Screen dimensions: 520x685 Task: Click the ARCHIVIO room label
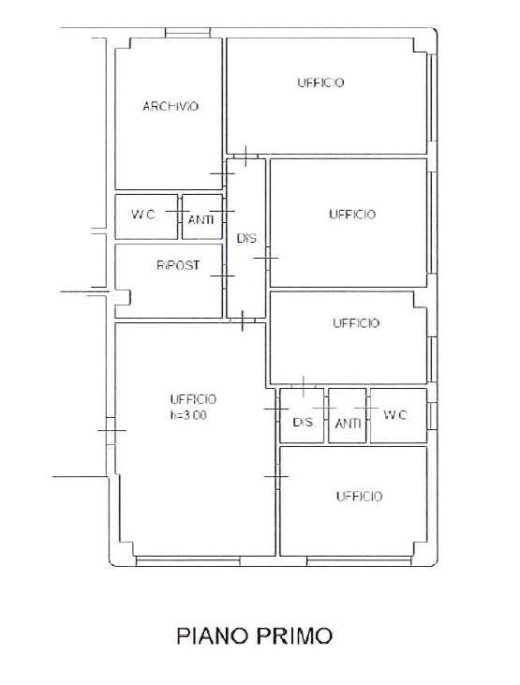[171, 106]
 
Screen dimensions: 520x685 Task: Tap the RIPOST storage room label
[178, 265]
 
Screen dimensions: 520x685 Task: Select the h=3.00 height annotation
[188, 415]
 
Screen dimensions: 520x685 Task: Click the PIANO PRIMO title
[254, 635]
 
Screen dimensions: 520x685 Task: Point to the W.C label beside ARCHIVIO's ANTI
[143, 215]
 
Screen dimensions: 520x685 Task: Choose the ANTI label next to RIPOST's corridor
[201, 219]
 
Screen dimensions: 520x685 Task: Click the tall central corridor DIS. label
[247, 239]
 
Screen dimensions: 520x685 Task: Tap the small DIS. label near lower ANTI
[304, 422]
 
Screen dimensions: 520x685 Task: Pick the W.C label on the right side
[395, 414]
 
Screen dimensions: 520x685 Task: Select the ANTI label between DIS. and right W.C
[348, 423]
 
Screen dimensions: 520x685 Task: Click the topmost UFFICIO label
[320, 82]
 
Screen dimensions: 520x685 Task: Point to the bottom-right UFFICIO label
[359, 496]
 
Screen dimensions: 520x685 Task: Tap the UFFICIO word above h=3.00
[193, 399]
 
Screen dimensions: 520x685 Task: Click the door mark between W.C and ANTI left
[178, 212]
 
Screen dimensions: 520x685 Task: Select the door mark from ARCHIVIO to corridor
[222, 173]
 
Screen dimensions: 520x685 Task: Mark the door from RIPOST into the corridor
[222, 275]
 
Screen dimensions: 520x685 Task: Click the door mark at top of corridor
[245, 156]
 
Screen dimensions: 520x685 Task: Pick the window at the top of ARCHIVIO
[188, 33]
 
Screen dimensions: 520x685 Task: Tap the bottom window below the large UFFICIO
[188, 561]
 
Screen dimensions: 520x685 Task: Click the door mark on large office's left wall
[111, 430]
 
